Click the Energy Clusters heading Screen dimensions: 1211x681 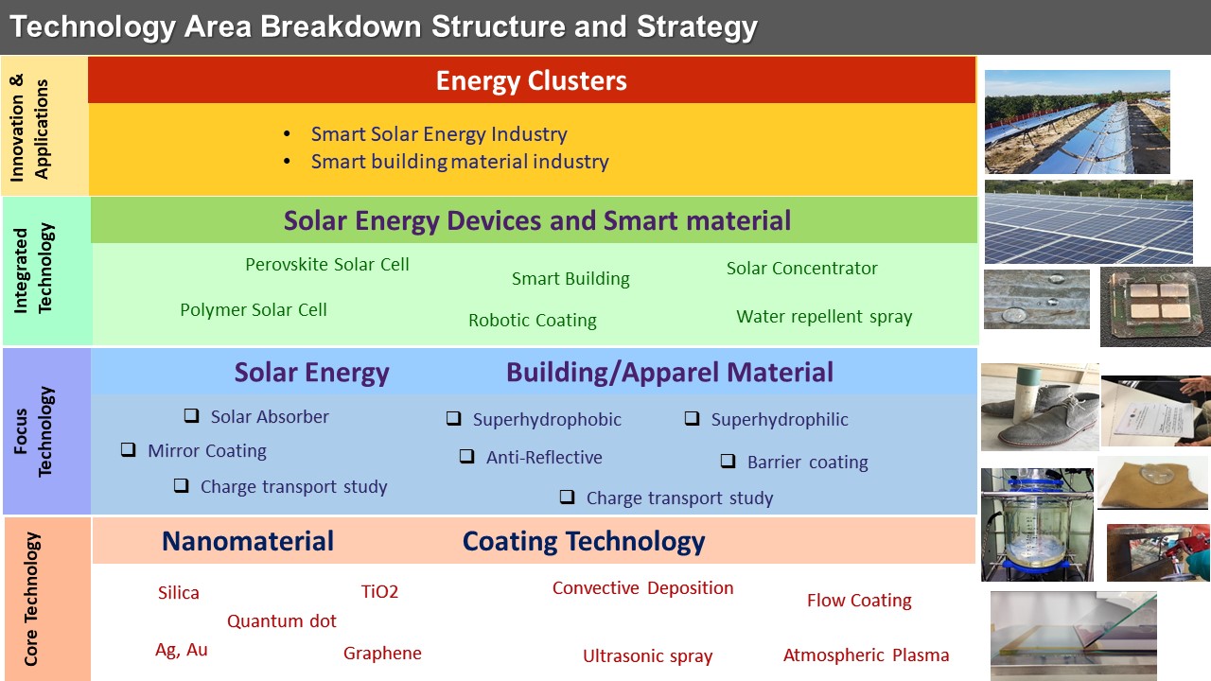(x=532, y=81)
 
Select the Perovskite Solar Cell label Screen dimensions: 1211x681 (x=327, y=264)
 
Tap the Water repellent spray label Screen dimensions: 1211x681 (x=824, y=316)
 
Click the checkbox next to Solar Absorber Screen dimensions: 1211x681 (x=191, y=415)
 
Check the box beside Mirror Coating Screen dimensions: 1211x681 (x=128, y=449)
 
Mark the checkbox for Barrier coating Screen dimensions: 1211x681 (x=728, y=461)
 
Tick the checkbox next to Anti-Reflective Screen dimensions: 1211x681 (x=466, y=456)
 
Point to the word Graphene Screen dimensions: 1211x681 (x=382, y=654)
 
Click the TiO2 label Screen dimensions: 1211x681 (x=379, y=592)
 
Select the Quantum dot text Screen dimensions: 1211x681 (x=282, y=621)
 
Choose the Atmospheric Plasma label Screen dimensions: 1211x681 (x=866, y=655)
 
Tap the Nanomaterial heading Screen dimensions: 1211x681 (x=248, y=541)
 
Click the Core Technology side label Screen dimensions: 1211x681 (x=31, y=599)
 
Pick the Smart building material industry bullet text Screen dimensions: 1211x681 (x=460, y=162)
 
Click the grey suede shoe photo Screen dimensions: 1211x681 (x=1040, y=407)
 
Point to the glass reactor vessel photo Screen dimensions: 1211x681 (x=1037, y=525)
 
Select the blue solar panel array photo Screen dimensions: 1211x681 (x=1088, y=221)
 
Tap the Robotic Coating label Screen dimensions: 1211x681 (x=533, y=320)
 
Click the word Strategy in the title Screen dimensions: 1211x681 (x=697, y=27)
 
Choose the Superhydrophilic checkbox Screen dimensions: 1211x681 (x=692, y=418)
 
